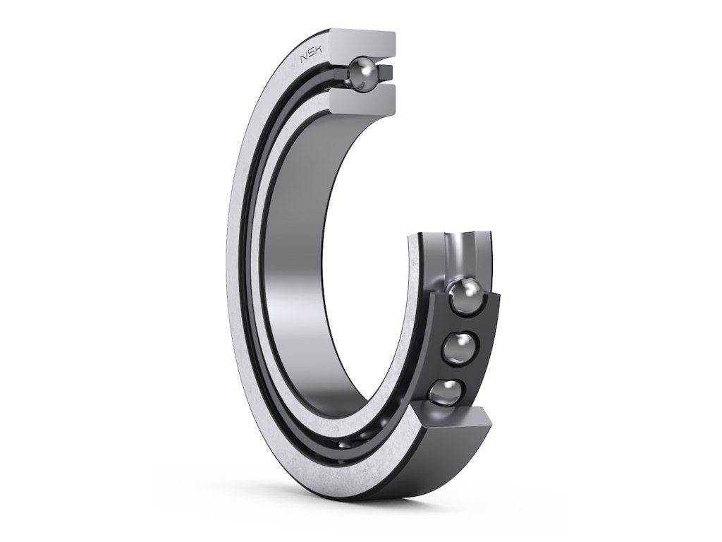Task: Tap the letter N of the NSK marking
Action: (x=304, y=60)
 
